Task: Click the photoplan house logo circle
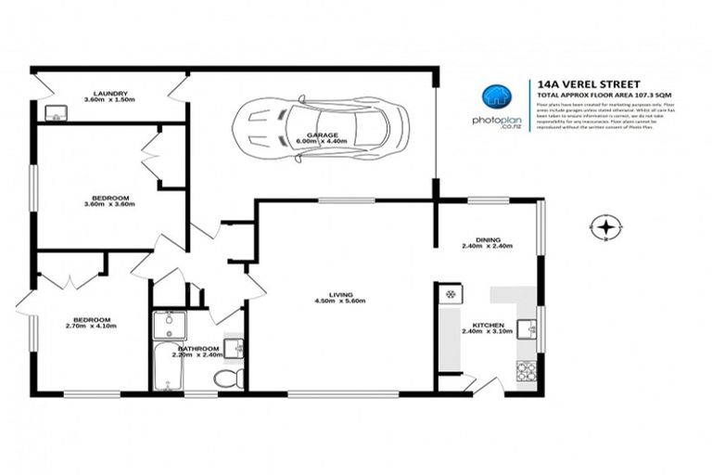click(x=495, y=97)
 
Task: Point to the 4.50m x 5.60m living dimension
click(x=342, y=302)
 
